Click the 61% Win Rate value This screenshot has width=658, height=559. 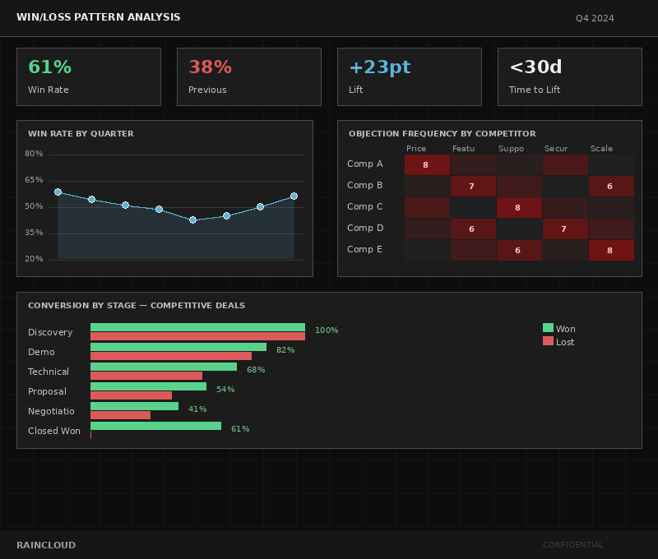click(49, 67)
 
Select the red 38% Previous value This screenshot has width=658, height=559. click(210, 67)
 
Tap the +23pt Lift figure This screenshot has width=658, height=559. click(379, 67)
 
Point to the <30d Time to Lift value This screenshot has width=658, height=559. click(536, 67)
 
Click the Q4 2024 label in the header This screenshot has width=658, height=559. click(595, 18)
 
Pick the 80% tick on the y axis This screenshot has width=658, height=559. click(34, 154)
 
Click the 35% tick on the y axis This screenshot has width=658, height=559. click(34, 233)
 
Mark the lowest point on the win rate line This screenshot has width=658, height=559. click(192, 220)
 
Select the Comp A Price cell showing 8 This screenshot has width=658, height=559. click(426, 164)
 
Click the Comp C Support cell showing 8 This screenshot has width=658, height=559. click(518, 207)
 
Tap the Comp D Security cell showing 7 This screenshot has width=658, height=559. click(564, 229)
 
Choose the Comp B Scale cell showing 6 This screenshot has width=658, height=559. click(610, 186)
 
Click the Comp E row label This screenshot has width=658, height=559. click(364, 249)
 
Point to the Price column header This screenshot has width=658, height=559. click(416, 149)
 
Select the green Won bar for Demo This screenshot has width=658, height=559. click(178, 347)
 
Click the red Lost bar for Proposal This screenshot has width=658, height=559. click(131, 395)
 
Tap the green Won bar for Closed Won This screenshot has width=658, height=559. click(155, 426)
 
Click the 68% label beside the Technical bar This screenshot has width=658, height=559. click(256, 370)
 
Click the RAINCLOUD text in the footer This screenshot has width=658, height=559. click(46, 545)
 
